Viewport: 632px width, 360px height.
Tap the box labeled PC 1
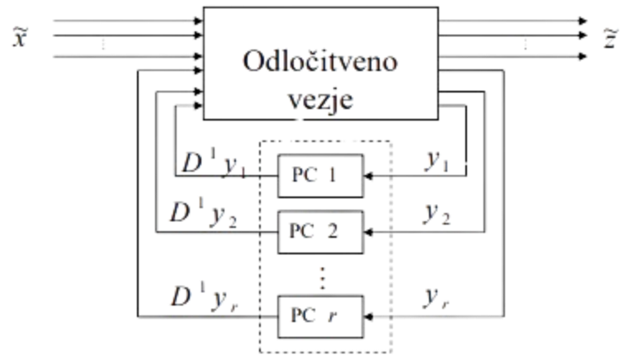pos(319,174)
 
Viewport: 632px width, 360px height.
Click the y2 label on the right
pos(437,215)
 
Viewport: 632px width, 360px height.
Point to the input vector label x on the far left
pos(16,36)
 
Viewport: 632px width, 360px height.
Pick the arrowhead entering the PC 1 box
pos(369,175)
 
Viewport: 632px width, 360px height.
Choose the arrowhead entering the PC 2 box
pos(369,234)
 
